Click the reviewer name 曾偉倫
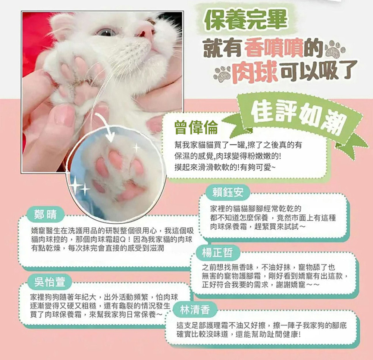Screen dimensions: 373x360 196,127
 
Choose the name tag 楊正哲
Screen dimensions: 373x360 217,252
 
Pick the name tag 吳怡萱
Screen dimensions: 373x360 50,282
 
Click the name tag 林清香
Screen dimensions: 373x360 195,310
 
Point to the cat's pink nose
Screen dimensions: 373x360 145,31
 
